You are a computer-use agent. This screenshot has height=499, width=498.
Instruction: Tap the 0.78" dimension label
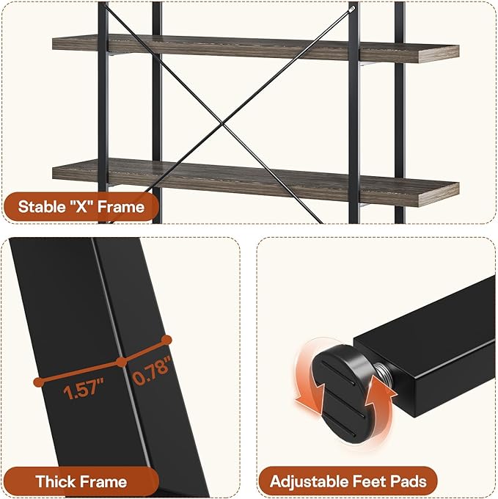click(x=152, y=371)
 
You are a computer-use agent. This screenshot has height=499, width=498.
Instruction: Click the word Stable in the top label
click(x=40, y=207)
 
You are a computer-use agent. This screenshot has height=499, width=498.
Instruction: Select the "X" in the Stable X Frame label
click(x=81, y=207)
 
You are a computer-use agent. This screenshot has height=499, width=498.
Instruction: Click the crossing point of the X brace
click(x=222, y=123)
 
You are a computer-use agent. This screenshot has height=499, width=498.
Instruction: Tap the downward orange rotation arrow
click(x=310, y=382)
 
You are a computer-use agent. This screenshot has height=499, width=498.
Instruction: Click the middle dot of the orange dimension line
click(x=122, y=362)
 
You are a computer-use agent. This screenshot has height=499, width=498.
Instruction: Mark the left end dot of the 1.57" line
click(x=38, y=382)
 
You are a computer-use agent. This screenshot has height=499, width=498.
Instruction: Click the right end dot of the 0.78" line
click(x=166, y=340)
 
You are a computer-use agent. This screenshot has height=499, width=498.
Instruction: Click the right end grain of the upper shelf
click(x=439, y=54)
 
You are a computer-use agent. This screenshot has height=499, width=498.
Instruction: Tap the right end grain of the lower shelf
click(x=439, y=194)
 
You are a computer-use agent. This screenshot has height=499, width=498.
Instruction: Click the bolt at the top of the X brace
click(x=352, y=10)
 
